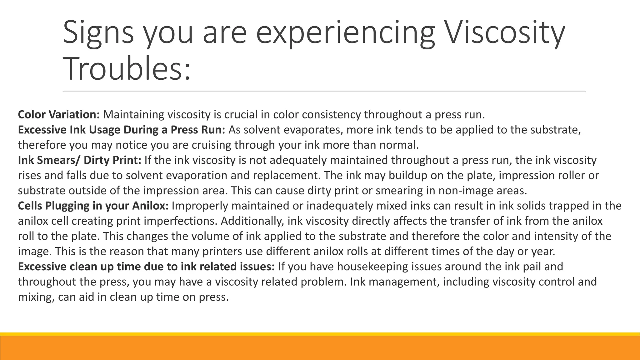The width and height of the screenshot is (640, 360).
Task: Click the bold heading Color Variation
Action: click(x=59, y=115)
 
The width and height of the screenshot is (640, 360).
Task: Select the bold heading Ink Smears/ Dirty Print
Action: click(x=80, y=160)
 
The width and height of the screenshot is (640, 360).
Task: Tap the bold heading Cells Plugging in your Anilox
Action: click(x=93, y=206)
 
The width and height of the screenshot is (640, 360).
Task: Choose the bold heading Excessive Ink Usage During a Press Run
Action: click(x=122, y=130)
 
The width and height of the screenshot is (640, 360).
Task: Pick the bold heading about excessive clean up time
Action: click(x=146, y=267)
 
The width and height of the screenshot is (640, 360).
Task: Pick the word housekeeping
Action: click(x=372, y=267)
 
